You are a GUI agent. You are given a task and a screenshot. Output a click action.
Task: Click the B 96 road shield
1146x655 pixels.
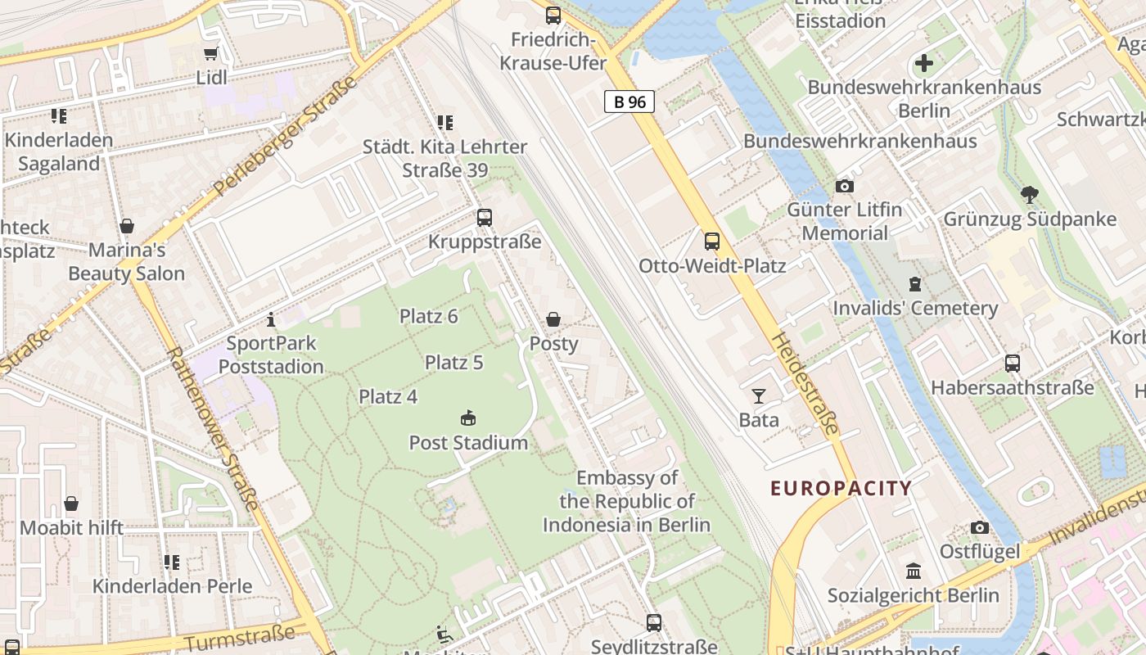click(629, 102)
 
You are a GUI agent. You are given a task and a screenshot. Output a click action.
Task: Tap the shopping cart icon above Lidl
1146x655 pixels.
click(211, 54)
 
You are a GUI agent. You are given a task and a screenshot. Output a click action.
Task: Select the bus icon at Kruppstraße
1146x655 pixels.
click(485, 218)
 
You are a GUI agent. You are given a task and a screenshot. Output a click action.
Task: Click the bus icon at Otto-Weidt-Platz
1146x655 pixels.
click(712, 242)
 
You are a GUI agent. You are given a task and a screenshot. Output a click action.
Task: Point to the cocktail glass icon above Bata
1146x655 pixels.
click(759, 396)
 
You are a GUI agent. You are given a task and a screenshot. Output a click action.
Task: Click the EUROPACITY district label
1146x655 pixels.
click(841, 489)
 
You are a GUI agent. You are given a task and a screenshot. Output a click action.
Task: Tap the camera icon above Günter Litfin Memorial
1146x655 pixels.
click(845, 187)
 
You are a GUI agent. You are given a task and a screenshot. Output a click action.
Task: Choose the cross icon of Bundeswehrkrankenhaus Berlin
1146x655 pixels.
click(924, 63)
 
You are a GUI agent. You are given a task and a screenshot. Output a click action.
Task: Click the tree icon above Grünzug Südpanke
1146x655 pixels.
click(1030, 195)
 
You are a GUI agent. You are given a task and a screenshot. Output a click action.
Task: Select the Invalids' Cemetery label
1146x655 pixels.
click(914, 309)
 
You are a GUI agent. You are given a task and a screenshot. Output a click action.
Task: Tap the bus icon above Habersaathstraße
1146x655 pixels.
click(1013, 364)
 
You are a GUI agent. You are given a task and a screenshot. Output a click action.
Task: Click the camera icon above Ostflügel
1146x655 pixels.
click(979, 528)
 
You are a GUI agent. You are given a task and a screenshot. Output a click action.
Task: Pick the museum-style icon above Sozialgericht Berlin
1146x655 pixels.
click(914, 571)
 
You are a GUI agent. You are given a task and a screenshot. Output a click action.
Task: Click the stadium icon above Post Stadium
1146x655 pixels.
click(468, 418)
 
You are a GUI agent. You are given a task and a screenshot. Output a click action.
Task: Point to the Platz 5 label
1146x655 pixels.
click(453, 362)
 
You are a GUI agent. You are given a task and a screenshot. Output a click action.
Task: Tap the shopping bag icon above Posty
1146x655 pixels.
click(553, 319)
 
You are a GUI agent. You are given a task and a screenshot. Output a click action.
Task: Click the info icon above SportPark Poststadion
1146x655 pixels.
click(271, 319)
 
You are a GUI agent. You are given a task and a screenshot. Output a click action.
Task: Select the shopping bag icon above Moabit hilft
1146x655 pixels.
click(71, 504)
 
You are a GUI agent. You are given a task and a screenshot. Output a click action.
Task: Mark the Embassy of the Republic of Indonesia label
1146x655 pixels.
click(626, 501)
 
